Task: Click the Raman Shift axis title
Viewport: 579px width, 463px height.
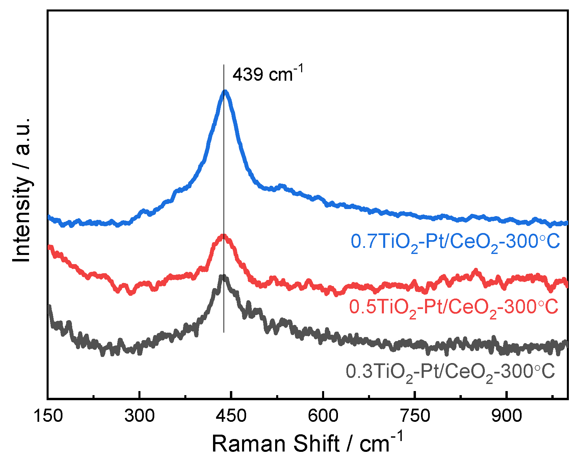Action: (307, 443)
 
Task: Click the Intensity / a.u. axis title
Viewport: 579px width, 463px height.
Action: (22, 190)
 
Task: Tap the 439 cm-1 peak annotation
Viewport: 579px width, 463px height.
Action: (268, 74)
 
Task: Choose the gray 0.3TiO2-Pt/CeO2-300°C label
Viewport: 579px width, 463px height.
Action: (450, 372)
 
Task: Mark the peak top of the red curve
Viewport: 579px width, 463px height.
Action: (223, 236)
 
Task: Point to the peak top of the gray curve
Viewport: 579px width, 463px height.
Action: (222, 277)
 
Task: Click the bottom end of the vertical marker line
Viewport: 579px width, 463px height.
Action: (224, 332)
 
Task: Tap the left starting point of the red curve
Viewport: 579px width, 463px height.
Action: (50, 247)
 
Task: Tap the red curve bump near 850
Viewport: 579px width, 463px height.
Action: (476, 271)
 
